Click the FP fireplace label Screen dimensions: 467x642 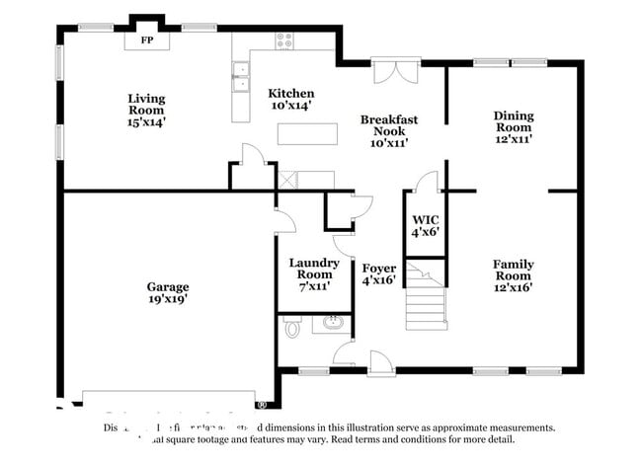pos(146,40)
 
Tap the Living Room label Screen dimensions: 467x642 pos(146,110)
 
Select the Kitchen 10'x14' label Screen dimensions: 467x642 pos(292,98)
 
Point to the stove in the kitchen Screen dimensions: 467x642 pos(284,40)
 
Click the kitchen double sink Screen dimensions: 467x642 pos(240,77)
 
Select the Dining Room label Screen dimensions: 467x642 pos(514,127)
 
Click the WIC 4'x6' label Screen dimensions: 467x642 pos(424,225)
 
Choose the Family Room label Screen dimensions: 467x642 pos(514,275)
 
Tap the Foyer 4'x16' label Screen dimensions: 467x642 pos(378,274)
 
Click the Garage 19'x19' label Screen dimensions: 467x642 pos(168,293)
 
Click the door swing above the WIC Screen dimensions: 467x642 pos(426,182)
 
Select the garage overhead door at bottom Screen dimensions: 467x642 pos(168,399)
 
